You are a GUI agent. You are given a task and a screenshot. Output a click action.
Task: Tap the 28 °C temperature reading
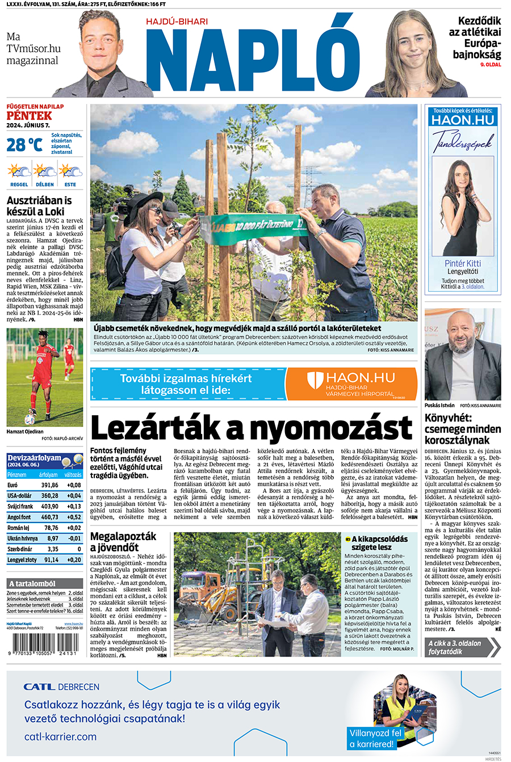[x=24, y=145]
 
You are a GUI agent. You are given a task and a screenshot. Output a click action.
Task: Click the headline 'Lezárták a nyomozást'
[x=251, y=428]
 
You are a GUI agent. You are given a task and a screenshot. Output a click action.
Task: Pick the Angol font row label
[x=19, y=517]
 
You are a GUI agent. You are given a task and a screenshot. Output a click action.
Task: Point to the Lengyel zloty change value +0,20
[x=74, y=559]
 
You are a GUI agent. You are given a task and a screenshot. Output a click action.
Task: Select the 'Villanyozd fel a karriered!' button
[x=375, y=738]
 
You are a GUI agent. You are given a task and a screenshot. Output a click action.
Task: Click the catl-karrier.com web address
[x=60, y=736]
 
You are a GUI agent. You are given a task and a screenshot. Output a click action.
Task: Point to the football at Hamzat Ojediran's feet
[x=30, y=419]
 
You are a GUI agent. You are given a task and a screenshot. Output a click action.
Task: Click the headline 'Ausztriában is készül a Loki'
[x=39, y=205]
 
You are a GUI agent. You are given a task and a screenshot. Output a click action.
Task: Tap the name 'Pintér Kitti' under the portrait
[x=462, y=263]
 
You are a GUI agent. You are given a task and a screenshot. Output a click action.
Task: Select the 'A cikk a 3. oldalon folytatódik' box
[x=462, y=647]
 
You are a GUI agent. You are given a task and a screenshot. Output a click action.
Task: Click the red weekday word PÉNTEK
[x=29, y=116]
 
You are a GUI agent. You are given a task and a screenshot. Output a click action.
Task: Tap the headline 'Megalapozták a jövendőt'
[x=123, y=541]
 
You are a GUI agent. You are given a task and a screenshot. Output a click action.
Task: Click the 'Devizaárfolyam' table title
[x=34, y=457]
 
